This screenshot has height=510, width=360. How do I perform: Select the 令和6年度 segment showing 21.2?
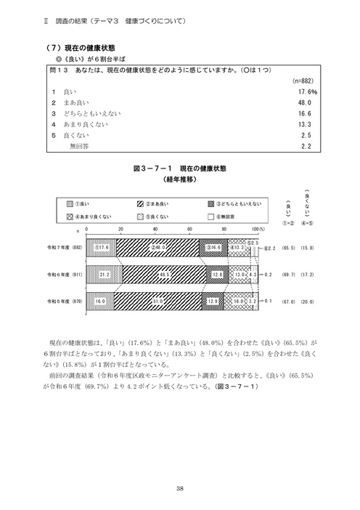point(104,275)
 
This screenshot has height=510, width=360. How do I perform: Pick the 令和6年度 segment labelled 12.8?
point(217,275)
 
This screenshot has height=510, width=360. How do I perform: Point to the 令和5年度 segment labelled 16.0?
point(100,300)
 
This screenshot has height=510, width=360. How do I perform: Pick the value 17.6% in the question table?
point(303,93)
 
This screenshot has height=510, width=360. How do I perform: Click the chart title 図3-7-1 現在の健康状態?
point(180,168)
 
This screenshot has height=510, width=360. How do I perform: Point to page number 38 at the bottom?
point(179,489)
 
